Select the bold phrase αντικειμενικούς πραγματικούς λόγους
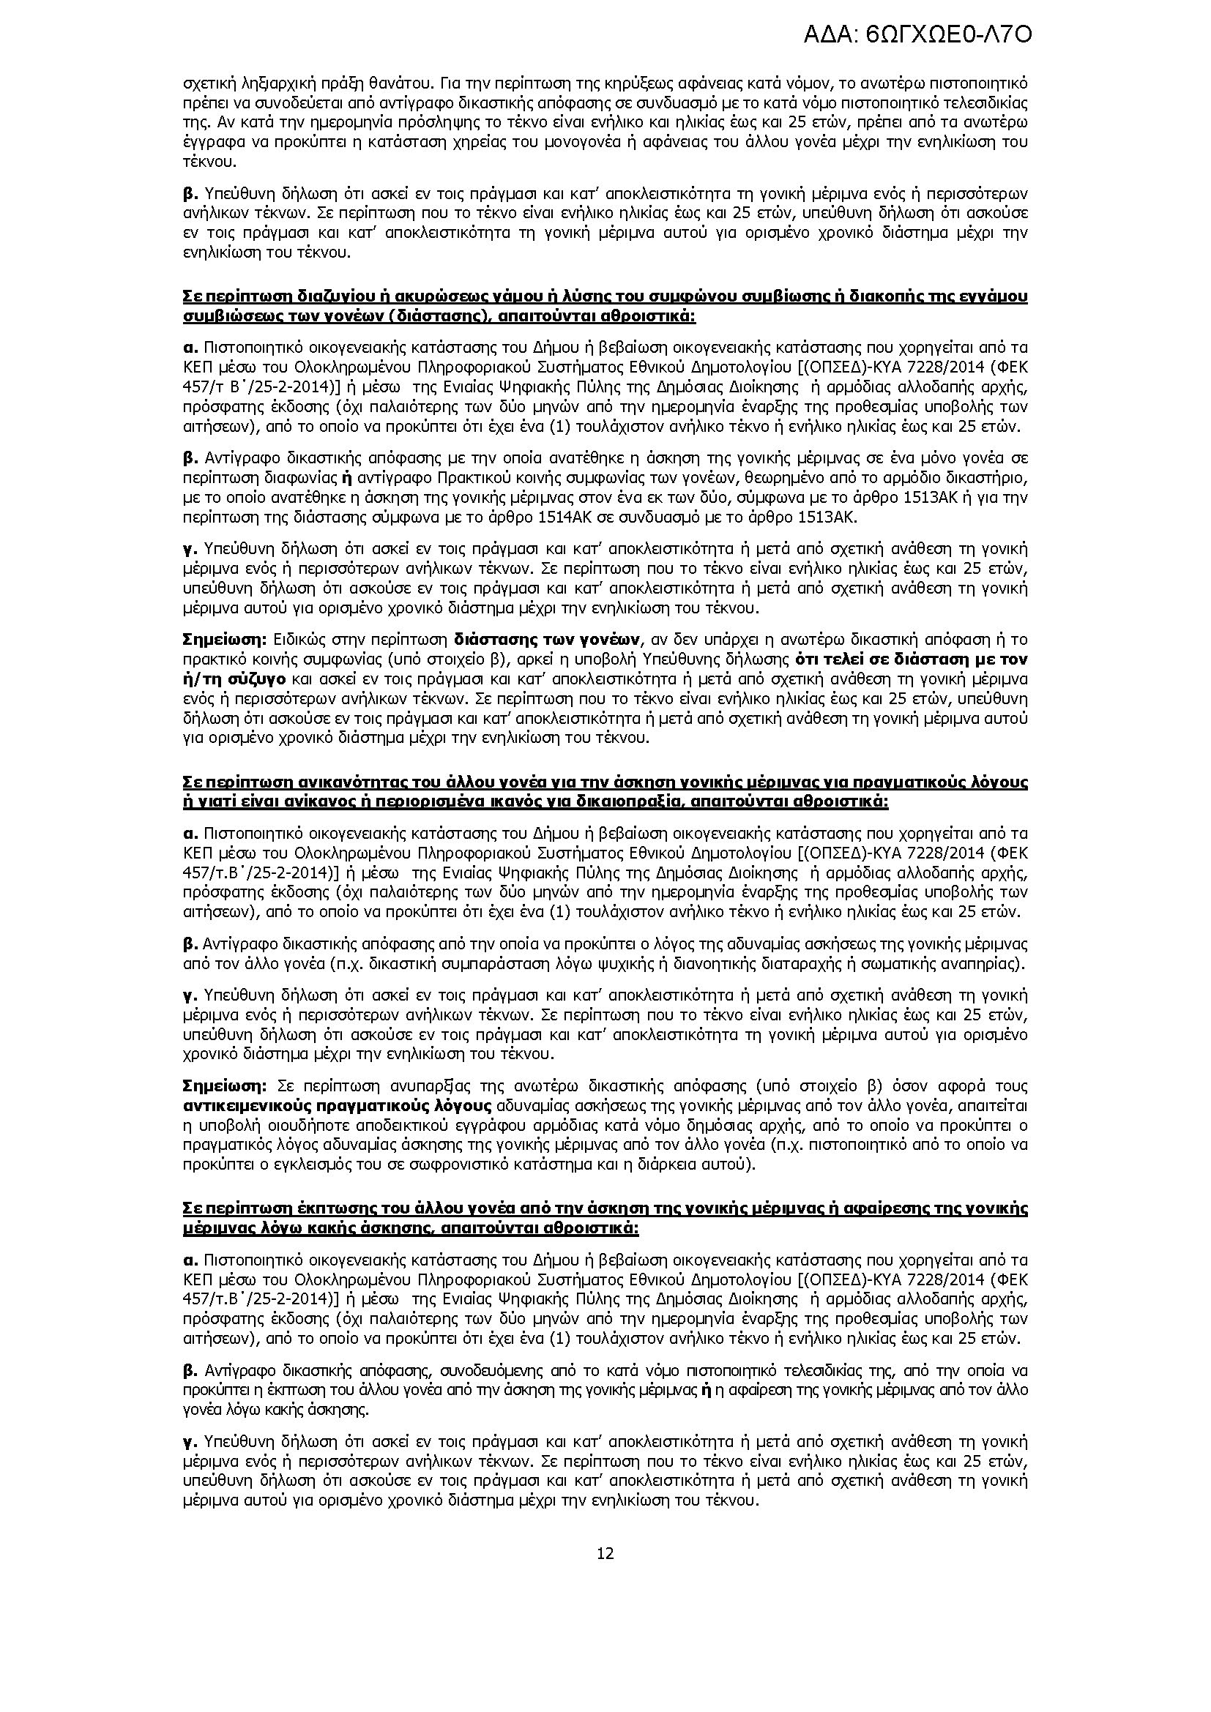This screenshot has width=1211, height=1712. (x=337, y=1105)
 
